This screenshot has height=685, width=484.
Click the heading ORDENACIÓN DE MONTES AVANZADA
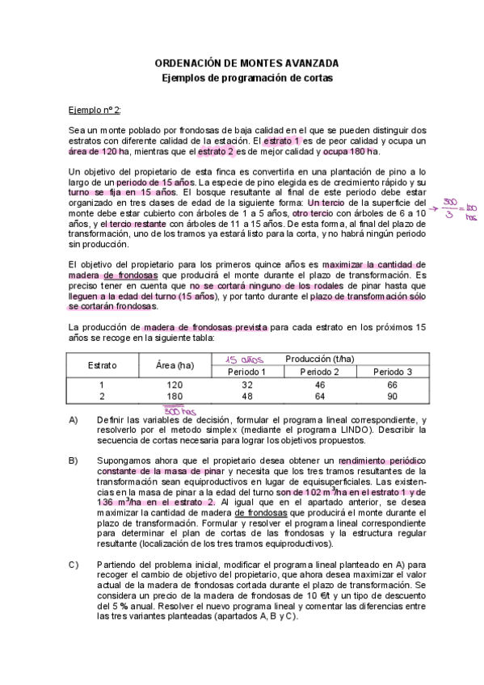[246, 63]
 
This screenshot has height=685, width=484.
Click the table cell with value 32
[247, 385]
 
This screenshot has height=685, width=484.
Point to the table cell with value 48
[247, 397]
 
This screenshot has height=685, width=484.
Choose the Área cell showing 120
[175, 385]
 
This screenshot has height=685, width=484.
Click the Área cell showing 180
[175, 397]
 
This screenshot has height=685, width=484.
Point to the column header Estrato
[102, 365]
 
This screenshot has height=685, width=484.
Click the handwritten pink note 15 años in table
[242, 359]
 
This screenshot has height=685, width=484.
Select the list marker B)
[74, 460]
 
